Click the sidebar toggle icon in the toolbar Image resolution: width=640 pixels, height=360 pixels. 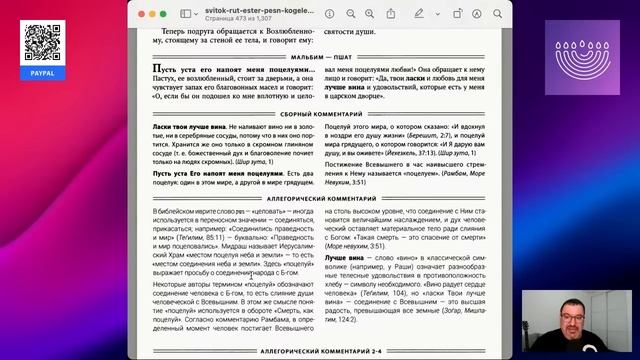(188, 14)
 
